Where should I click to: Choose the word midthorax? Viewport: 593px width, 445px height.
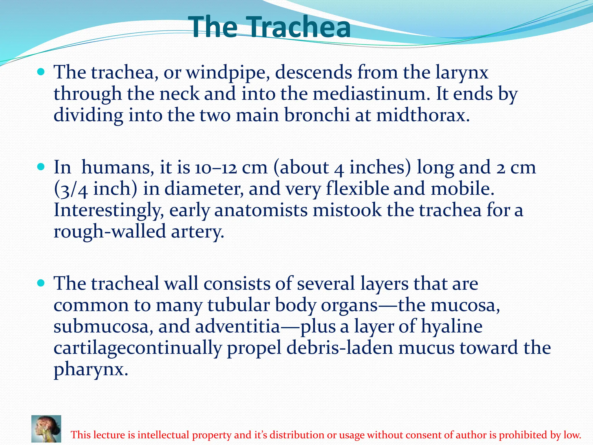click(423, 115)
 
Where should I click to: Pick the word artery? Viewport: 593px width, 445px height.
click(197, 232)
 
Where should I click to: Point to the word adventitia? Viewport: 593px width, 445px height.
click(237, 327)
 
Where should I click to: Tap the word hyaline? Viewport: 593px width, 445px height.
click(451, 327)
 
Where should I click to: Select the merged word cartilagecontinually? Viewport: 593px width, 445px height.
click(138, 348)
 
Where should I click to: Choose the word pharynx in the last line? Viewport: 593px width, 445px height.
click(91, 369)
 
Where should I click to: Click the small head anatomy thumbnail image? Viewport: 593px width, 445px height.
click(46, 428)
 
